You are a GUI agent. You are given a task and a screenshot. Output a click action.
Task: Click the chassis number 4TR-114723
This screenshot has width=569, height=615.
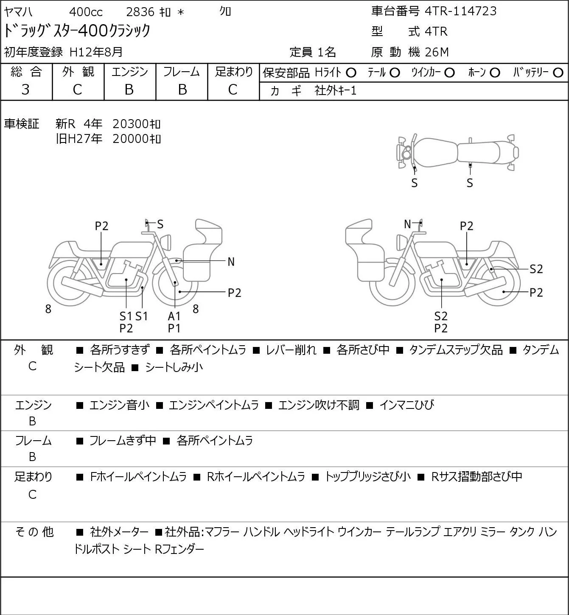coord(460,11)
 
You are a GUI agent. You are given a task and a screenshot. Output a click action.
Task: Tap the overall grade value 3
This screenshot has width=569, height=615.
coord(25,89)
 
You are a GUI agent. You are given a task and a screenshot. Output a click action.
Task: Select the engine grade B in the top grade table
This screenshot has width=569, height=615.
coord(129,89)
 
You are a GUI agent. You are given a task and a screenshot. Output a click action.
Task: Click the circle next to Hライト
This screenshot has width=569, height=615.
coord(351,73)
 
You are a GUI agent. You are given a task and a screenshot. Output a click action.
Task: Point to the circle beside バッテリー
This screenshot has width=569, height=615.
coord(558,73)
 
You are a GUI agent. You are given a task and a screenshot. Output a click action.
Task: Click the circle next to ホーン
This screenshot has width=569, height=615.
coord(495,73)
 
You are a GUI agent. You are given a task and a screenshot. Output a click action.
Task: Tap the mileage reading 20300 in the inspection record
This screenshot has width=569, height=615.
coord(131,124)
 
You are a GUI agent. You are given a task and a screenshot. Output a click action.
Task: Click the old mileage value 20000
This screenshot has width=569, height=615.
coord(131,139)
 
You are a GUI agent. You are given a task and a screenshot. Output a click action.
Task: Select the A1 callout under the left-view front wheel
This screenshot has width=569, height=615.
coord(174,316)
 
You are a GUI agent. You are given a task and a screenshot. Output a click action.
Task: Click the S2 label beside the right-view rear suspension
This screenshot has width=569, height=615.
coord(536,269)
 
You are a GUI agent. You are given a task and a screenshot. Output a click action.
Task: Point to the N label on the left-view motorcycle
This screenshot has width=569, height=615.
coord(231,262)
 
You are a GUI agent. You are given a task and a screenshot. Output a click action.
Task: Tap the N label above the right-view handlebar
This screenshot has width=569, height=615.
coord(407,224)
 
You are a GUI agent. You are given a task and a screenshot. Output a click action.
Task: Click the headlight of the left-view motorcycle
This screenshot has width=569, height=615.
coord(168,242)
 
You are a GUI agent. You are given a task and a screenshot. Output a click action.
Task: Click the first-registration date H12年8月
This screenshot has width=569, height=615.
coord(96,52)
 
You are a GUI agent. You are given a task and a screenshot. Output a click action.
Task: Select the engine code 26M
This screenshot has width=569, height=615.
coord(437,52)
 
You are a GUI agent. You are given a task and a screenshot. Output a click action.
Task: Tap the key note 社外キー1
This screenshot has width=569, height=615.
coord(336,91)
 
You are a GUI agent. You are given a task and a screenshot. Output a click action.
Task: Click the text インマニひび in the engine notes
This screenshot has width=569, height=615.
coord(407,405)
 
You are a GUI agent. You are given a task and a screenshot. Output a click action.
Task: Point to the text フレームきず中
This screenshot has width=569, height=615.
coord(123,440)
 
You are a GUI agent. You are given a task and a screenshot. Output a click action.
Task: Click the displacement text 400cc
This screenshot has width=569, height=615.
coord(86,12)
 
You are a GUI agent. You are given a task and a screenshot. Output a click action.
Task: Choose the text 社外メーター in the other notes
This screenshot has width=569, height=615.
coord(119,532)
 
